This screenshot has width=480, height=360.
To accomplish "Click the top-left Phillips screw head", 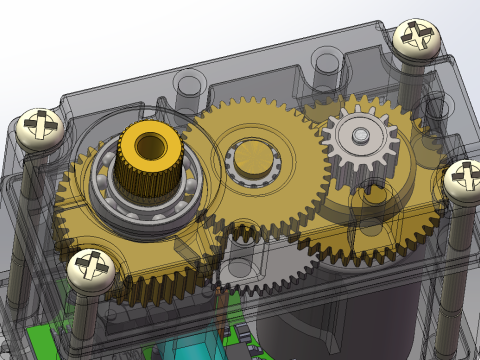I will (40, 127).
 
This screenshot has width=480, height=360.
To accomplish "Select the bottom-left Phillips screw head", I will (91, 268).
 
